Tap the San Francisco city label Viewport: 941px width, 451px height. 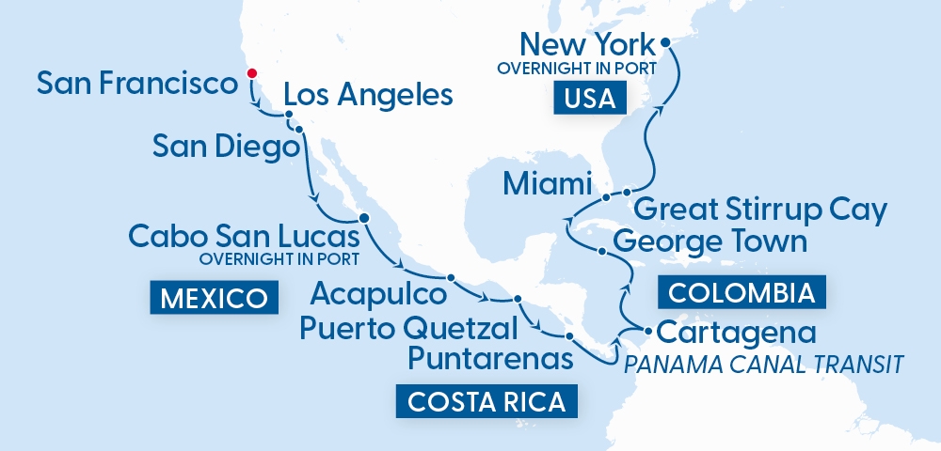[136, 84]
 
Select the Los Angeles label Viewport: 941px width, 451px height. [368, 95]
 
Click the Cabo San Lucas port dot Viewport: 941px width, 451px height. [364, 218]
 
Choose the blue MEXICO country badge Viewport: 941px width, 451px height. [214, 299]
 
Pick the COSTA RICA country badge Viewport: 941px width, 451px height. [486, 402]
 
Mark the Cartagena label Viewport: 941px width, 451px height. [736, 333]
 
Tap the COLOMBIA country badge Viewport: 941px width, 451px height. [742, 293]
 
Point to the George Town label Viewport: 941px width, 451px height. [710, 241]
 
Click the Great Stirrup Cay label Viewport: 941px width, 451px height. [760, 210]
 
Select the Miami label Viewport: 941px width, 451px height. [547, 183]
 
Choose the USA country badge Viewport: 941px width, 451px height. [590, 98]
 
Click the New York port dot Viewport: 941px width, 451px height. [664, 42]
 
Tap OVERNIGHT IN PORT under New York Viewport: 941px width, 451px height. [576, 69]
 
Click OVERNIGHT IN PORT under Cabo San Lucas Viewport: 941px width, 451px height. [280, 258]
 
